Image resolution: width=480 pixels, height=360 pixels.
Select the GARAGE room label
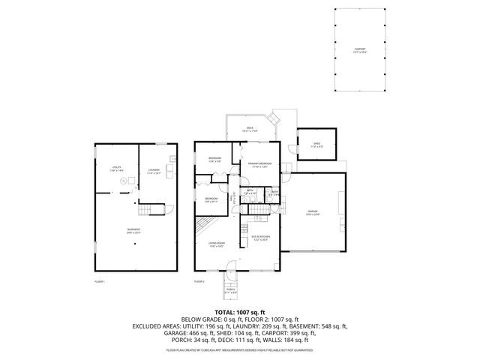click(313, 212)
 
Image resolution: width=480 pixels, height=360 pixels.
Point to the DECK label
click(250, 130)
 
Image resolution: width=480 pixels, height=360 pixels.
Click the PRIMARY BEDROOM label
click(259, 165)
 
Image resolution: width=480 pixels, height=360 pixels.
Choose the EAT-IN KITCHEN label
click(260, 238)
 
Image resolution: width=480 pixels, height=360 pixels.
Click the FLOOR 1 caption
click(99, 281)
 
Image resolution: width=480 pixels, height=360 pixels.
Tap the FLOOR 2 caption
click(199, 281)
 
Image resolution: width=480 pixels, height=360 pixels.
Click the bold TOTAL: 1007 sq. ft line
click(239, 311)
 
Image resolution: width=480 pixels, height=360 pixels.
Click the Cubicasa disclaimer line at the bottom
click(239, 350)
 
